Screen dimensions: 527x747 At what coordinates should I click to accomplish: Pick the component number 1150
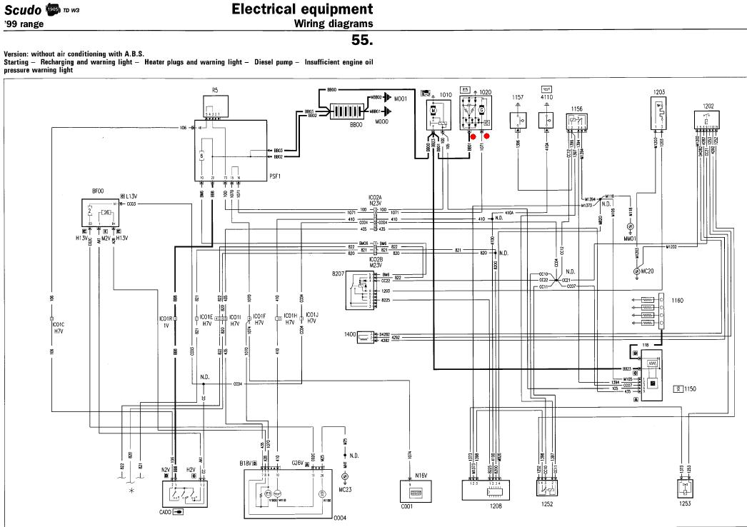click(x=690, y=389)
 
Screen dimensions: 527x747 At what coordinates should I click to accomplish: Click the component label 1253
click(x=685, y=504)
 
